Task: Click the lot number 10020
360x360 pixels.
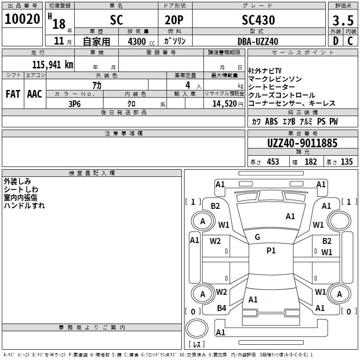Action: [x=22, y=19]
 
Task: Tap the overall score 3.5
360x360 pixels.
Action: [x=342, y=20]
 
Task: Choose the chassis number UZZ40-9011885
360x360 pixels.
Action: [x=302, y=143]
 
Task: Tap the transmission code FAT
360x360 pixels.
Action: [x=13, y=94]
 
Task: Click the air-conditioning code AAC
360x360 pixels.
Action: [x=34, y=94]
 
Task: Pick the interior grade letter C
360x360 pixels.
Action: [x=350, y=41]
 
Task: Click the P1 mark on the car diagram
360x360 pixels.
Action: [x=271, y=251]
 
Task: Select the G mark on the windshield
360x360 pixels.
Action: [x=257, y=237]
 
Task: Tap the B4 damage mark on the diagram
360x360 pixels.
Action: [x=221, y=308]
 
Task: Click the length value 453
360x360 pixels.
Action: [x=272, y=162]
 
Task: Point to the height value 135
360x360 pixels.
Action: [x=346, y=162]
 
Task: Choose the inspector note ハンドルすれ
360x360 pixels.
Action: [x=24, y=205]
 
